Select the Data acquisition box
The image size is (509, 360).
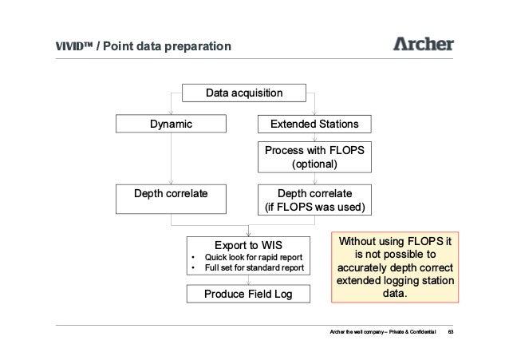(244, 94)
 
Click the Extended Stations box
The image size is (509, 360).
(314, 125)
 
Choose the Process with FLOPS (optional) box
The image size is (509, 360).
(314, 157)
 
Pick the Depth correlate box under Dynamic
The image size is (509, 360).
(172, 199)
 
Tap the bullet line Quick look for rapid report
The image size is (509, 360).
(254, 257)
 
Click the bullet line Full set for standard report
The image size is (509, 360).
(254, 268)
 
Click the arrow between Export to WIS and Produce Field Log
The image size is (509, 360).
(247, 282)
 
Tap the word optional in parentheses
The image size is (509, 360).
(314, 164)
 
